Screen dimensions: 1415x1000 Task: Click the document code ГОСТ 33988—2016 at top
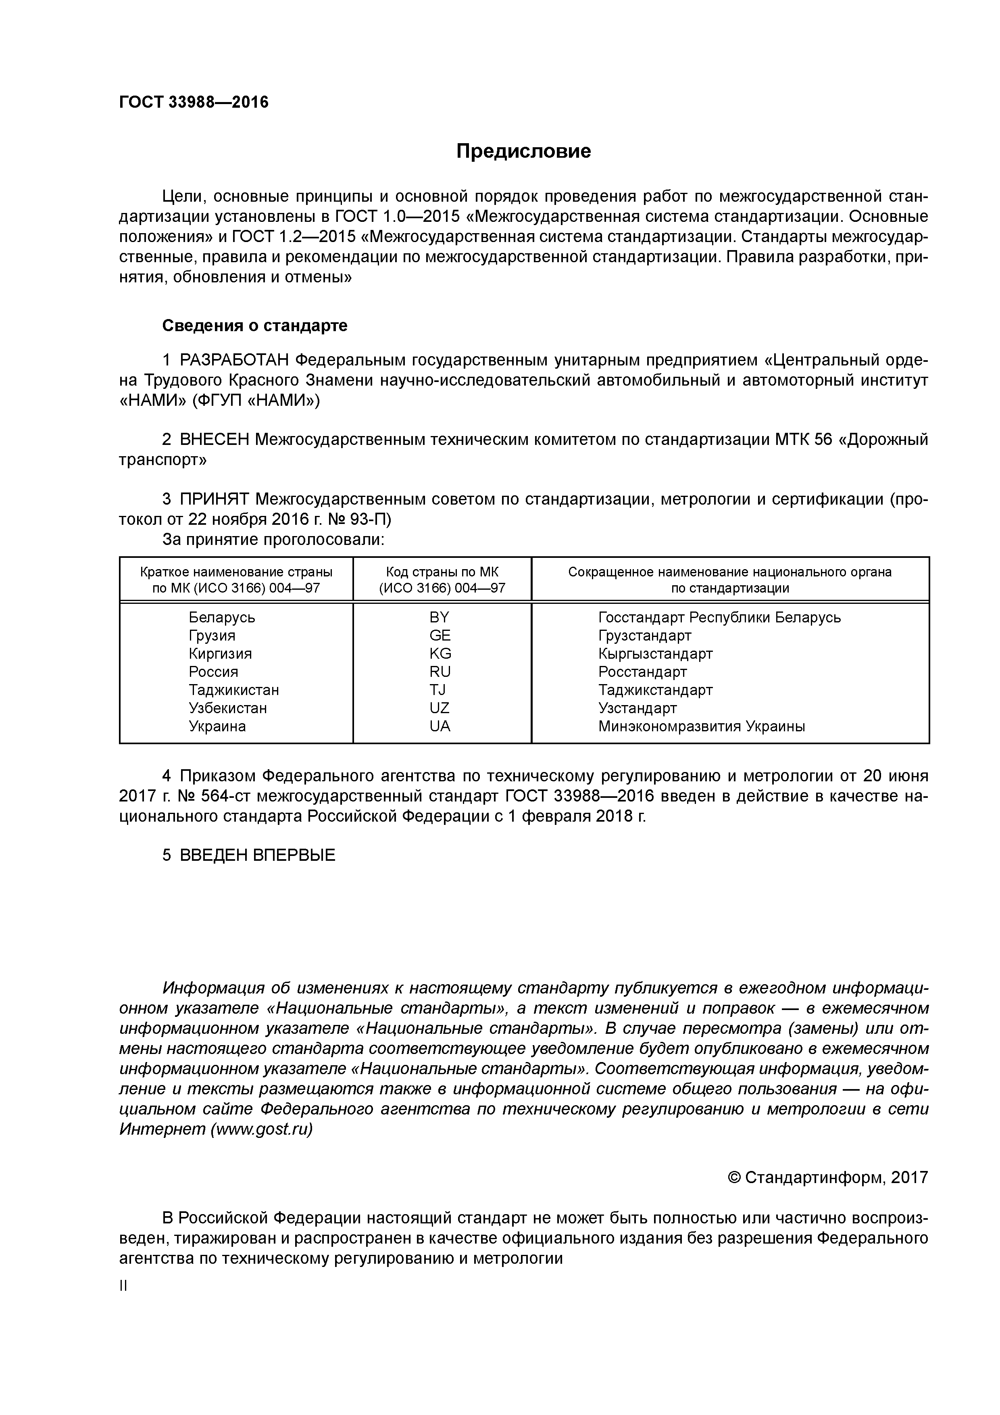[194, 102]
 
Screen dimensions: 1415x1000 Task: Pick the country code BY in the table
[439, 617]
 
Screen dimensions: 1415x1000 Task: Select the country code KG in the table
[440, 653]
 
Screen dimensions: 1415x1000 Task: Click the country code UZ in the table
[439, 708]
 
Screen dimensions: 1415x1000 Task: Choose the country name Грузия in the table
[212, 635]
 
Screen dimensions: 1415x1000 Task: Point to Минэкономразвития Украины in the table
[701, 726]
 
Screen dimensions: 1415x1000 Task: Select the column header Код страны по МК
[442, 572]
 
